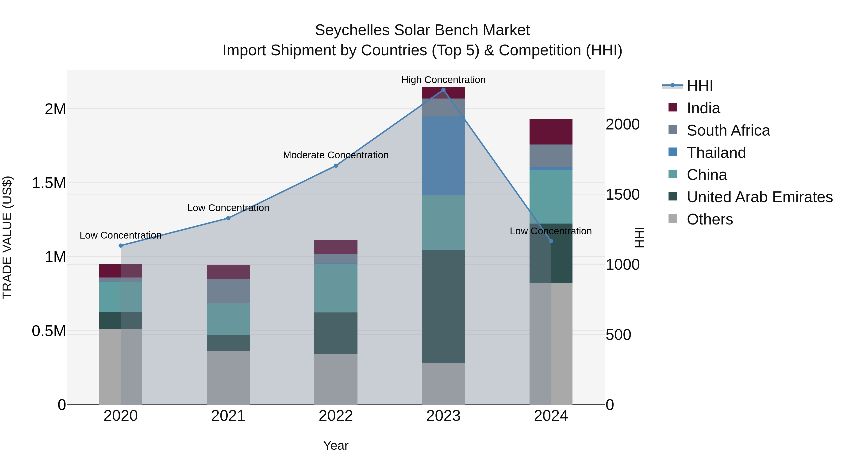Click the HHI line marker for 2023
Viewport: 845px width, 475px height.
point(443,90)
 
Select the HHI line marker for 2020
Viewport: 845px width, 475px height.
point(121,246)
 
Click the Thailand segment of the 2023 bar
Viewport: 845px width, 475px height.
point(443,156)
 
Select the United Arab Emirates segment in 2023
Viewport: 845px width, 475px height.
point(443,307)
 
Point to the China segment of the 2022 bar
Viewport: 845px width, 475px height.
point(336,288)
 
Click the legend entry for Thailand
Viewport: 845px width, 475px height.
point(716,153)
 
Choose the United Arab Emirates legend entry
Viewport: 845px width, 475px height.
point(759,197)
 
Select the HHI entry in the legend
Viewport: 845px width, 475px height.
point(699,86)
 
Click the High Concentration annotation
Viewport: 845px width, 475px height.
point(443,80)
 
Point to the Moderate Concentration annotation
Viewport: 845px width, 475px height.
point(336,155)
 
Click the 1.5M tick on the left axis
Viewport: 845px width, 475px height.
point(49,183)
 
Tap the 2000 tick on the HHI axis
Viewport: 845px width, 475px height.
point(622,124)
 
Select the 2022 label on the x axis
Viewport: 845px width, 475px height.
point(336,416)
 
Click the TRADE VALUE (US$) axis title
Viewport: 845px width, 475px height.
point(7,237)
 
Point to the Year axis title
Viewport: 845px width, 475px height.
point(336,445)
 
